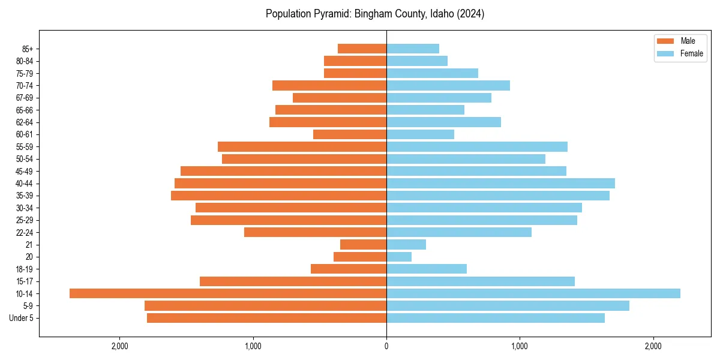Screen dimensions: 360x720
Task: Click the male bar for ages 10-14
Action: [228, 293]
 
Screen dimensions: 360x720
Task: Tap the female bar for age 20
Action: [399, 257]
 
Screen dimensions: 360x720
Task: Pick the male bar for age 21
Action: [364, 245]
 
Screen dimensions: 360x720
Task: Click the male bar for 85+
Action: [362, 49]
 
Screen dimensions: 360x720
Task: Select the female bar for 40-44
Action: [500, 183]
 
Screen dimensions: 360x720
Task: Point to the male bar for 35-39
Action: [279, 196]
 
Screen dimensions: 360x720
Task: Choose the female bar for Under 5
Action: [496, 318]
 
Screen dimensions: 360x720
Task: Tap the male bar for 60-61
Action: [350, 134]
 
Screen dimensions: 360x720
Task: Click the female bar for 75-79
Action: [432, 73]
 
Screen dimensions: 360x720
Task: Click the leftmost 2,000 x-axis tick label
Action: [120, 346]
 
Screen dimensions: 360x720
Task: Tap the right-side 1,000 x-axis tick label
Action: [520, 346]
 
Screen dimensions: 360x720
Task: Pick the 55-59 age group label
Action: [25, 146]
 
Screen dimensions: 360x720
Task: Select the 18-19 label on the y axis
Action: [25, 269]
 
